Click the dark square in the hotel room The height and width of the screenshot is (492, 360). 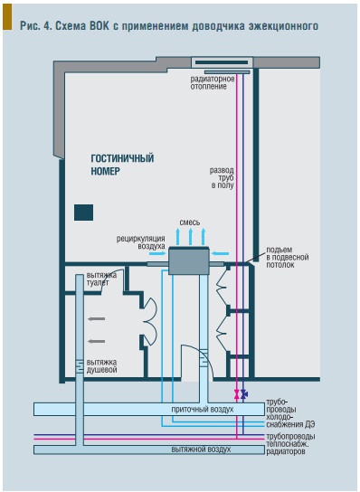click(83, 213)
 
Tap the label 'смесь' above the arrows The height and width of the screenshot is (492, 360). click(190, 222)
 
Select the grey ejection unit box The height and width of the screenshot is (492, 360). click(189, 261)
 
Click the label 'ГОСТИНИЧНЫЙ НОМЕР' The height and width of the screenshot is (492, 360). click(122, 165)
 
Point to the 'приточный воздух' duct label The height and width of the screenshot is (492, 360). click(203, 409)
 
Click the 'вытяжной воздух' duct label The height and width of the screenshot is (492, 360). click(201, 449)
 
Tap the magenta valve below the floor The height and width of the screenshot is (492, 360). click(236, 394)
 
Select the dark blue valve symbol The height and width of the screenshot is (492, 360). click(243, 394)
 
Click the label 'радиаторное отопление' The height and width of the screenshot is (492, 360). click(213, 82)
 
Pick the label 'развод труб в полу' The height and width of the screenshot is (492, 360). click(222, 178)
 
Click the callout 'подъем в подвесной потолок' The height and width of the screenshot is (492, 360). click(287, 257)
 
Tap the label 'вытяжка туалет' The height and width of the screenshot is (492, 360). click(101, 279)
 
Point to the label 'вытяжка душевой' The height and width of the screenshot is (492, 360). click(101, 365)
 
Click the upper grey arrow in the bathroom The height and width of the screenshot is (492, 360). click(97, 318)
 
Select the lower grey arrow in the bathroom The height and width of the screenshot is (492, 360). click(97, 341)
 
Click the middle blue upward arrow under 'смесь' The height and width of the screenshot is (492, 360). click(190, 237)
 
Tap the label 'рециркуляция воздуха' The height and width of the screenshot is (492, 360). click(140, 242)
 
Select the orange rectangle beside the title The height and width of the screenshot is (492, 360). click(7, 16)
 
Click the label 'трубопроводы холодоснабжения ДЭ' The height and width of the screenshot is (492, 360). click(290, 413)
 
